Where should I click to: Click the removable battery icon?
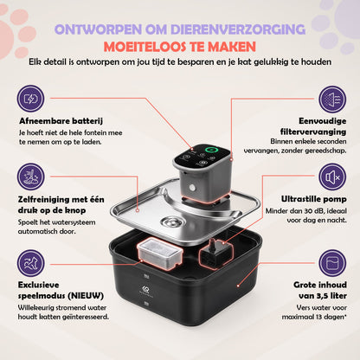point(30,99)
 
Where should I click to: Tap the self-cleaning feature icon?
point(30,177)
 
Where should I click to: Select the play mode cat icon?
point(30,263)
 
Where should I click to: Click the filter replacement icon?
point(332,99)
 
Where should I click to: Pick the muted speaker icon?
point(332,177)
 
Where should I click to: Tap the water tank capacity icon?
point(332,263)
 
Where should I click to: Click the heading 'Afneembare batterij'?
point(61,121)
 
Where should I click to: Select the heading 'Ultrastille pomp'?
point(314,199)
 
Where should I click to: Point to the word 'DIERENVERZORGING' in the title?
point(238,29)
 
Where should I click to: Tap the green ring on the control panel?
point(211,150)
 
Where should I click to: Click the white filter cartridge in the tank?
point(160,253)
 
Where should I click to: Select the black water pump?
point(215,254)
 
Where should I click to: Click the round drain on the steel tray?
point(172,222)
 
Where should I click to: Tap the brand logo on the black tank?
point(146,289)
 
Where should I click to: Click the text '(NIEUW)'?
point(86,296)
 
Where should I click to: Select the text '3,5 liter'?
point(330,296)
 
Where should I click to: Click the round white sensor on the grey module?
point(192,189)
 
